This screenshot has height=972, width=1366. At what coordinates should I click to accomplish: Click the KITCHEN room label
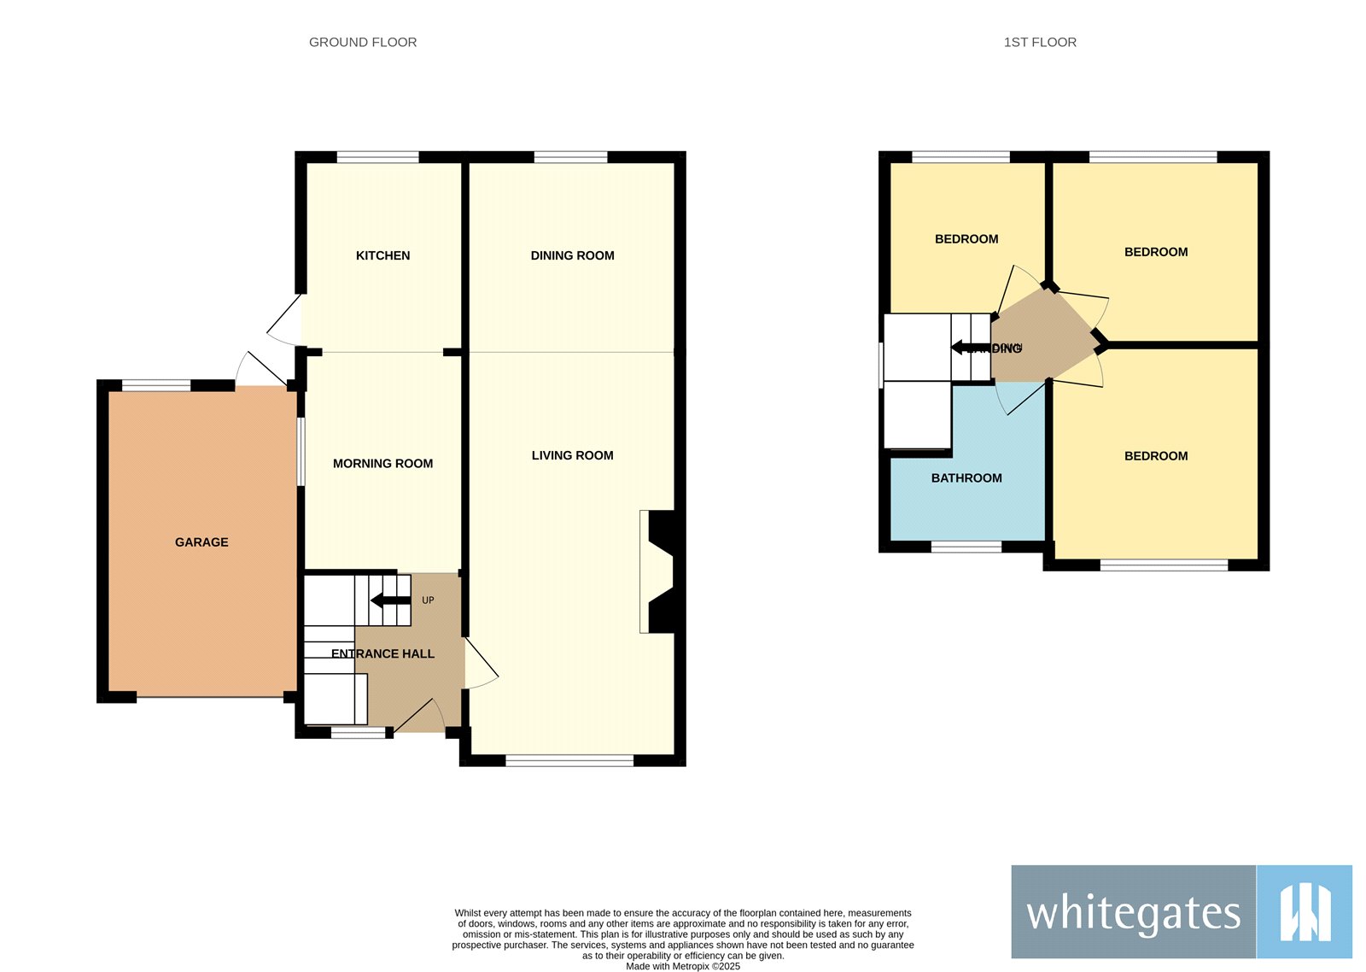click(382, 255)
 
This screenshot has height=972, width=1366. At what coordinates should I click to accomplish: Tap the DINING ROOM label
click(572, 255)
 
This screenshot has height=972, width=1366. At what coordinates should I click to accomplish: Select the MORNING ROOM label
click(382, 464)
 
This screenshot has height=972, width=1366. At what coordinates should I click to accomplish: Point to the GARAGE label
click(201, 542)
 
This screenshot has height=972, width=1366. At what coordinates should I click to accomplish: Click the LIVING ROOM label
click(572, 455)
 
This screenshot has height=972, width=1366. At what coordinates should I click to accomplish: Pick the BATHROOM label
click(966, 478)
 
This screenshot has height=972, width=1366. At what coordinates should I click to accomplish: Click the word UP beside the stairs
click(428, 600)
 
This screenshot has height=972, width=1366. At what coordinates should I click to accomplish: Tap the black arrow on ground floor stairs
click(390, 600)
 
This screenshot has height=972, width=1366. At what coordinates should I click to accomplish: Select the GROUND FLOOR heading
click(363, 42)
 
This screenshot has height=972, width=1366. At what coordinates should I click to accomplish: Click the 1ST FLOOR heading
click(1040, 42)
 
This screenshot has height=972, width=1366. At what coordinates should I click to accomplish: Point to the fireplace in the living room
click(659, 571)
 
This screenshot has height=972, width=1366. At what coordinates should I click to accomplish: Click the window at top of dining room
click(570, 157)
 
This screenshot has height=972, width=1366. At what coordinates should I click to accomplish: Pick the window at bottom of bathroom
click(966, 547)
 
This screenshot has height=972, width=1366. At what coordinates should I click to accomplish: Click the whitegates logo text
click(1133, 913)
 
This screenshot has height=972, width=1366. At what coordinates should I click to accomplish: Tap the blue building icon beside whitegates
click(1305, 912)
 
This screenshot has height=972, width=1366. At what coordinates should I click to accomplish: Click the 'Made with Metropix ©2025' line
click(683, 967)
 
